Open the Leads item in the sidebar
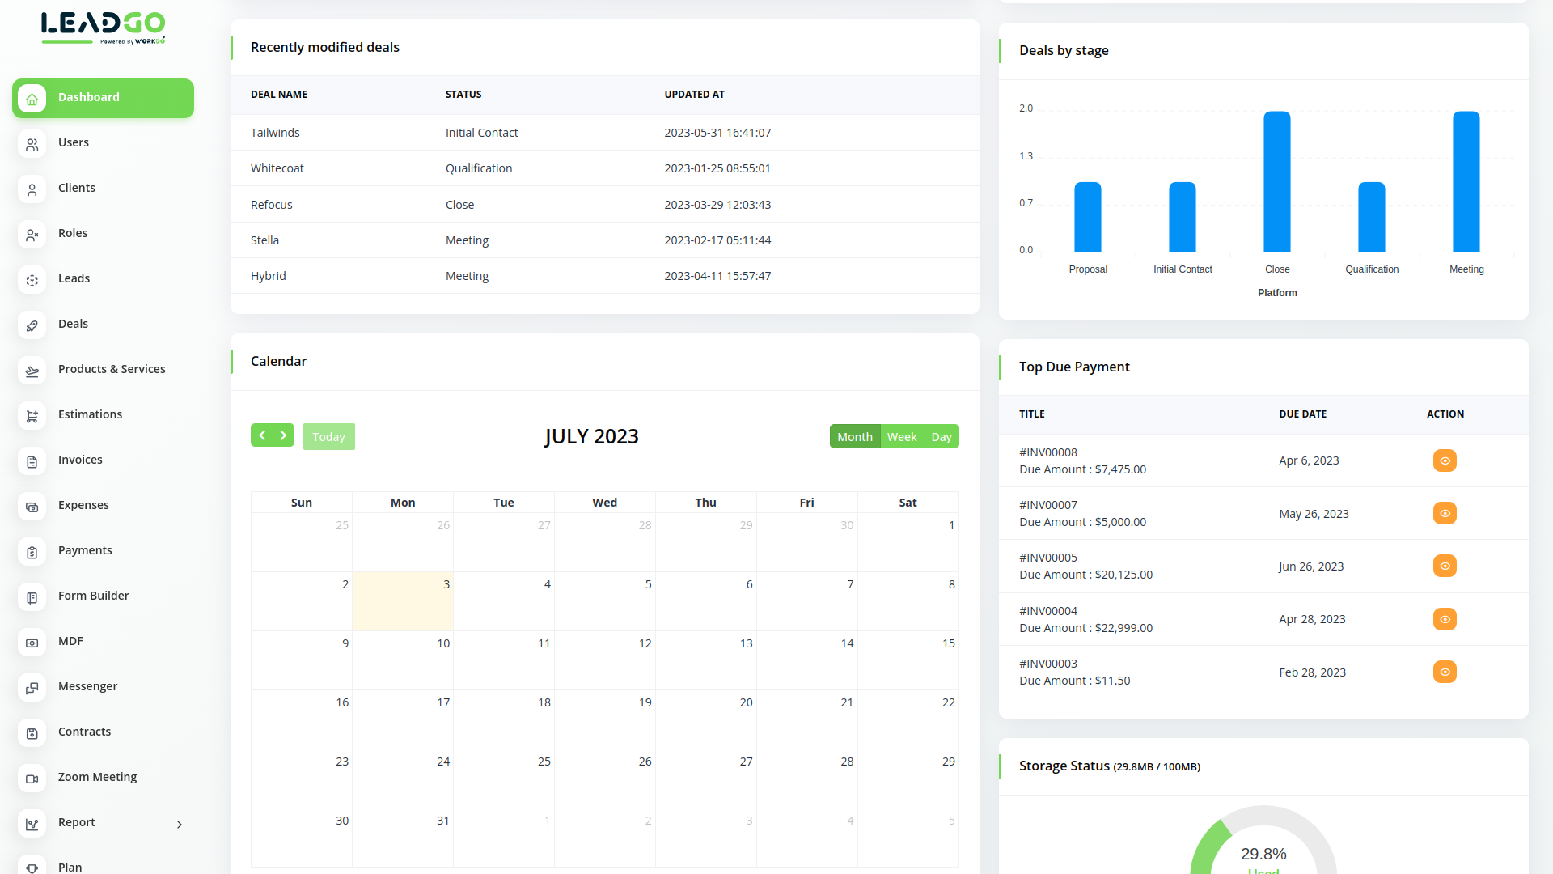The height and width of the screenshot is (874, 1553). (74, 278)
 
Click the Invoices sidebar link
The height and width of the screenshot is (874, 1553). (80, 460)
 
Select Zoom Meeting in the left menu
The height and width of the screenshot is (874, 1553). (97, 777)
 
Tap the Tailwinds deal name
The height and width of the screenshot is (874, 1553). (275, 133)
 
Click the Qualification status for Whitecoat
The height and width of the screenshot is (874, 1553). (479, 168)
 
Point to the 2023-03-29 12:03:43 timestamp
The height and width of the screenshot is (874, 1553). (717, 205)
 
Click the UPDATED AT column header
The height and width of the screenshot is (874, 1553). (694, 95)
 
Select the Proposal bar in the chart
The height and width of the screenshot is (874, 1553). (1088, 217)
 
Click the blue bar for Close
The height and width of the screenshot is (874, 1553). (1277, 181)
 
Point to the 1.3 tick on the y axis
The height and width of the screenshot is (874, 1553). (1026, 156)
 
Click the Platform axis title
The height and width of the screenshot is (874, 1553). (1277, 293)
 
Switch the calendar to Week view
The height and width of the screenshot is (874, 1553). (902, 437)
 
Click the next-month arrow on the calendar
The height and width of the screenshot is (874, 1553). (283, 435)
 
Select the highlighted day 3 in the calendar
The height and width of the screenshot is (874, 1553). (403, 600)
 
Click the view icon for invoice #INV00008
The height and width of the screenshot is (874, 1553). (1445, 460)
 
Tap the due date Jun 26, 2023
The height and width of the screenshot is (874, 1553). (1311, 566)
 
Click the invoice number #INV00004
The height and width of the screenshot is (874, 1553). (1048, 611)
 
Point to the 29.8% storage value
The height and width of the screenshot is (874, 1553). (1263, 854)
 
